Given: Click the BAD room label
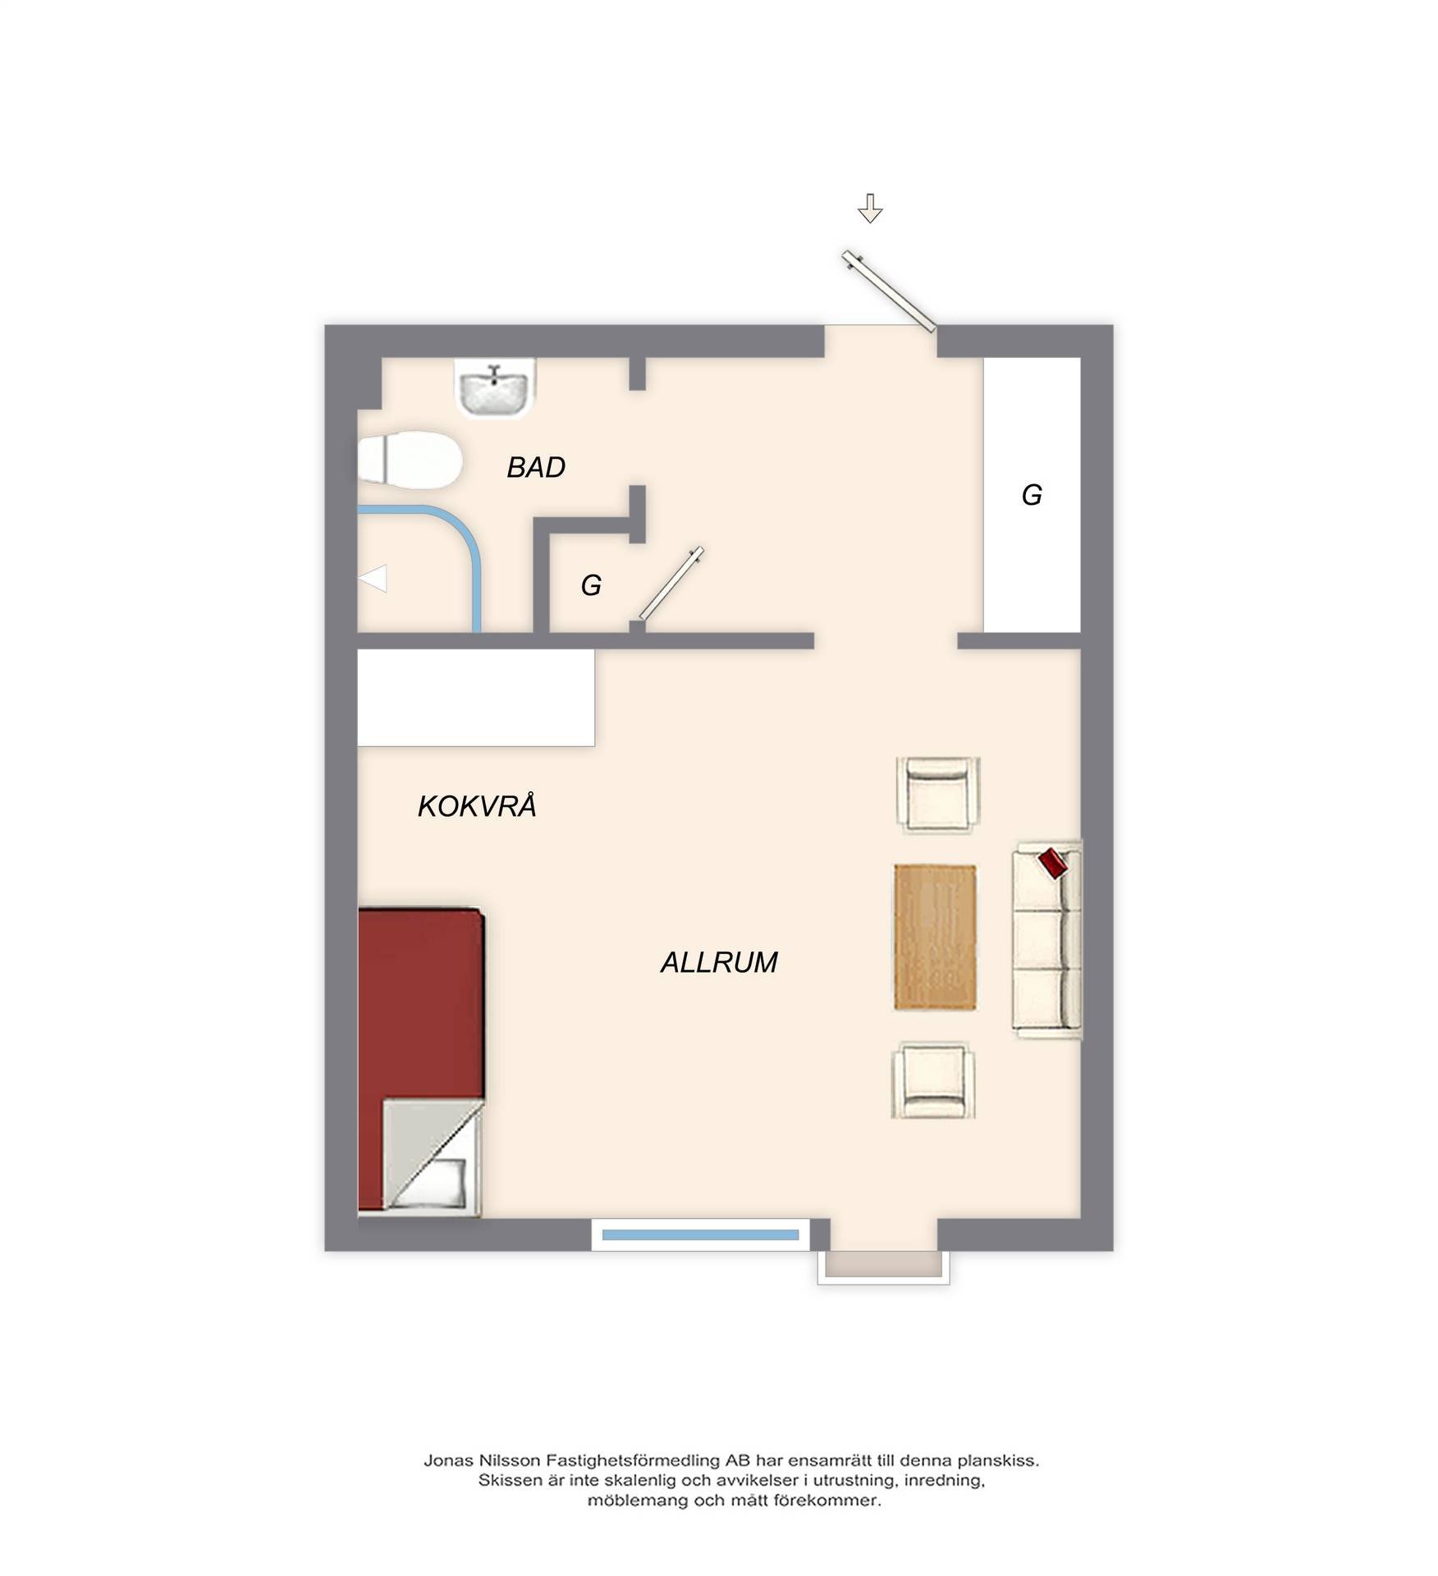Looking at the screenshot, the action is click(x=536, y=467).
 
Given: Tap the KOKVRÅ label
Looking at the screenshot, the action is click(x=477, y=805).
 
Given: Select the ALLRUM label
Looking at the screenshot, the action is click(x=719, y=961).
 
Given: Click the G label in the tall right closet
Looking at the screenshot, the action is click(x=1031, y=495).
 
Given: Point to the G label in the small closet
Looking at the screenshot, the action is click(x=591, y=585).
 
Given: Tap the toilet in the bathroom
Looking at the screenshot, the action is click(x=410, y=460).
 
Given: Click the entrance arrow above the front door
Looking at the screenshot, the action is click(x=870, y=208).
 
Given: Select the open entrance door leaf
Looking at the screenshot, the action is click(x=889, y=291).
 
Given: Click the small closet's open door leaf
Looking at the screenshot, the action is click(x=671, y=583).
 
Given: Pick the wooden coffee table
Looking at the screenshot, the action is click(x=935, y=937).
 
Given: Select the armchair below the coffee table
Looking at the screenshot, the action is click(x=934, y=1079).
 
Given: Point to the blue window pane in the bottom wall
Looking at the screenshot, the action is click(x=700, y=1235).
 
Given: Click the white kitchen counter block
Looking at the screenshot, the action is click(x=476, y=698).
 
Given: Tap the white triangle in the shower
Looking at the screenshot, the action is click(x=373, y=579).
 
